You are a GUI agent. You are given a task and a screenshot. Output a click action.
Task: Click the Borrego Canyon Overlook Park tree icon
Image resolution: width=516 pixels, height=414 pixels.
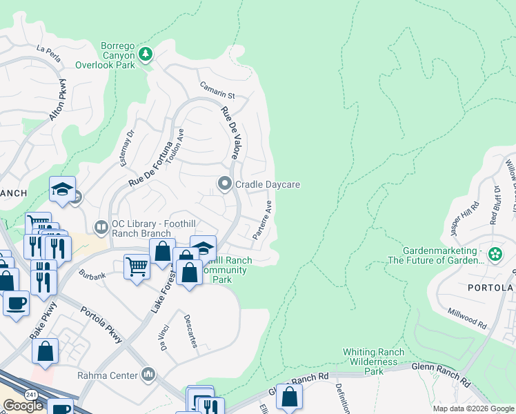coord(146,55)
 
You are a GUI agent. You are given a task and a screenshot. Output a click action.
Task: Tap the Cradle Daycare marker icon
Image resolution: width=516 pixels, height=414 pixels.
coord(224,184)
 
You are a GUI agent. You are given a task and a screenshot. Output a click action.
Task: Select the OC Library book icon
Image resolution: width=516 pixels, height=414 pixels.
coord(101,226)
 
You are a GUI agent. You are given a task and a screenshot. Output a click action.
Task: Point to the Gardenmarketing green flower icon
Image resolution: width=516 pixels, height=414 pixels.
coord(495,255)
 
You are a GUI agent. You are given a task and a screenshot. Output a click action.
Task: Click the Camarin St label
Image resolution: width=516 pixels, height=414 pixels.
coord(218,90)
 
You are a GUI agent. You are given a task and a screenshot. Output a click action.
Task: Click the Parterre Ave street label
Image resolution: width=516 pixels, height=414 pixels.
coord(263,220)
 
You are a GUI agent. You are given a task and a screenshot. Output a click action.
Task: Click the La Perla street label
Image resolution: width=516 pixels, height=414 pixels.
coord(49,54)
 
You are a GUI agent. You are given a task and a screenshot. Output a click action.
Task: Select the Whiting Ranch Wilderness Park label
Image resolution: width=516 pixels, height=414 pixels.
coord(373,362)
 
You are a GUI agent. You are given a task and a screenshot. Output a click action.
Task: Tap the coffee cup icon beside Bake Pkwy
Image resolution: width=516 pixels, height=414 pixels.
coord(16,302)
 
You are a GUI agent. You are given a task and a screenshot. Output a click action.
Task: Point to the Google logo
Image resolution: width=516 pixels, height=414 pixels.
coord(23,406)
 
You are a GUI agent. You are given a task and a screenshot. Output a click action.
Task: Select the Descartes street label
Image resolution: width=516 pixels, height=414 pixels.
coord(190,331)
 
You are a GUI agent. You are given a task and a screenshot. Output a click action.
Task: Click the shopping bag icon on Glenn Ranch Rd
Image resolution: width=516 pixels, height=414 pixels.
coord(289,397)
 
